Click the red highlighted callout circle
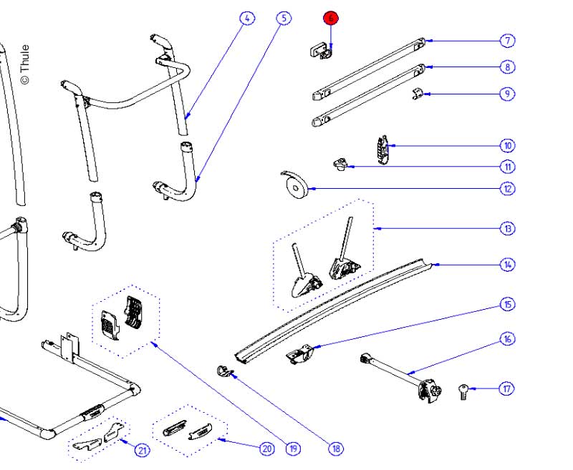(x=330, y=19)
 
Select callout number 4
(x=246, y=19)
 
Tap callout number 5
(x=284, y=19)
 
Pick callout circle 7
(x=507, y=41)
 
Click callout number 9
(x=507, y=94)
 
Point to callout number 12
(x=507, y=189)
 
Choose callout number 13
(x=507, y=229)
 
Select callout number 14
(x=507, y=265)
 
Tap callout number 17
(x=507, y=389)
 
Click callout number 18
(x=336, y=449)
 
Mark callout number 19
(x=293, y=449)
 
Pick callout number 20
(x=266, y=449)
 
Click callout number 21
(x=143, y=451)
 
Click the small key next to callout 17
(x=463, y=391)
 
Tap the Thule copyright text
(x=24, y=65)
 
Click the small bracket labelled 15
(x=302, y=354)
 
